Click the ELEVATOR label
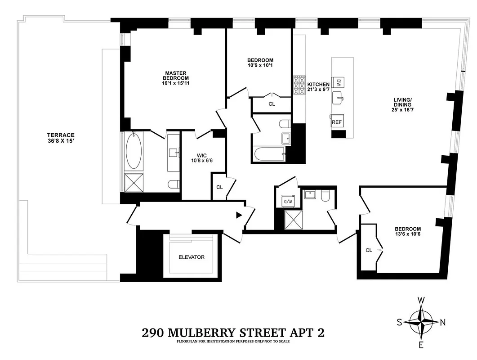point(191,257)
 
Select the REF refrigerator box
point(336,122)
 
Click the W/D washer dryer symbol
point(287,201)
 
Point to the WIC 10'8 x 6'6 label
point(198,158)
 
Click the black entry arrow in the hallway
point(239,216)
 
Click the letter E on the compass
point(421,345)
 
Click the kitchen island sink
point(339,97)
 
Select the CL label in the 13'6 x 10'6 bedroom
point(369,250)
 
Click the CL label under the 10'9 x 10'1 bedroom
point(272,104)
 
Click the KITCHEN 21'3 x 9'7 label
point(318,87)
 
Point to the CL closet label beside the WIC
point(219,187)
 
